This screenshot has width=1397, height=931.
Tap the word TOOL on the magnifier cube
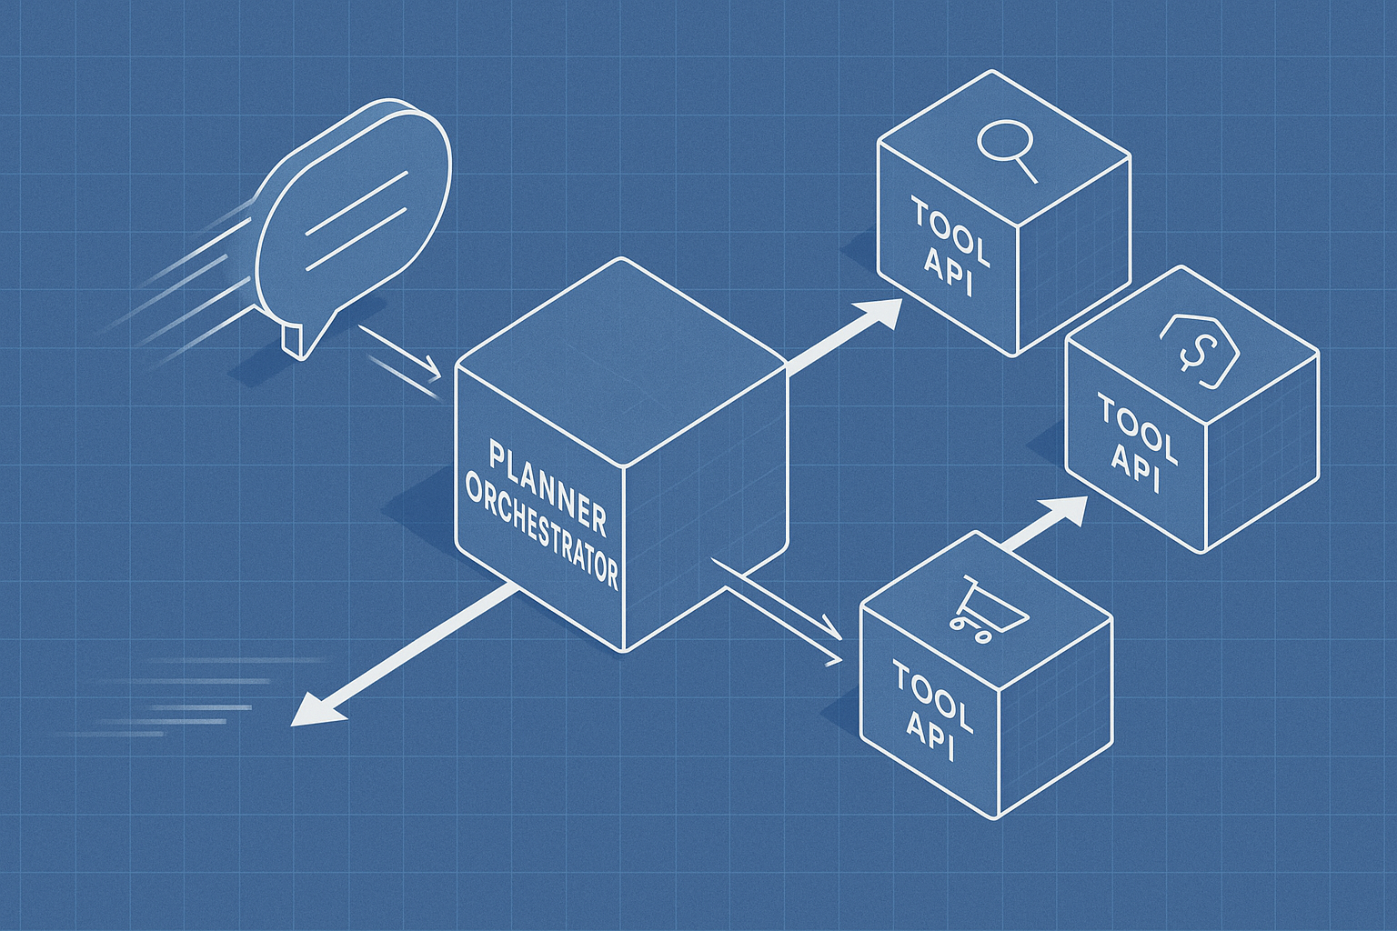(950, 232)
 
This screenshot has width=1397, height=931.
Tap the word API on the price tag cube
(1135, 469)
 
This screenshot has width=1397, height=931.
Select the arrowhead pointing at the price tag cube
(1068, 510)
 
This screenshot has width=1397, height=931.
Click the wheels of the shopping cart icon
(969, 630)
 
